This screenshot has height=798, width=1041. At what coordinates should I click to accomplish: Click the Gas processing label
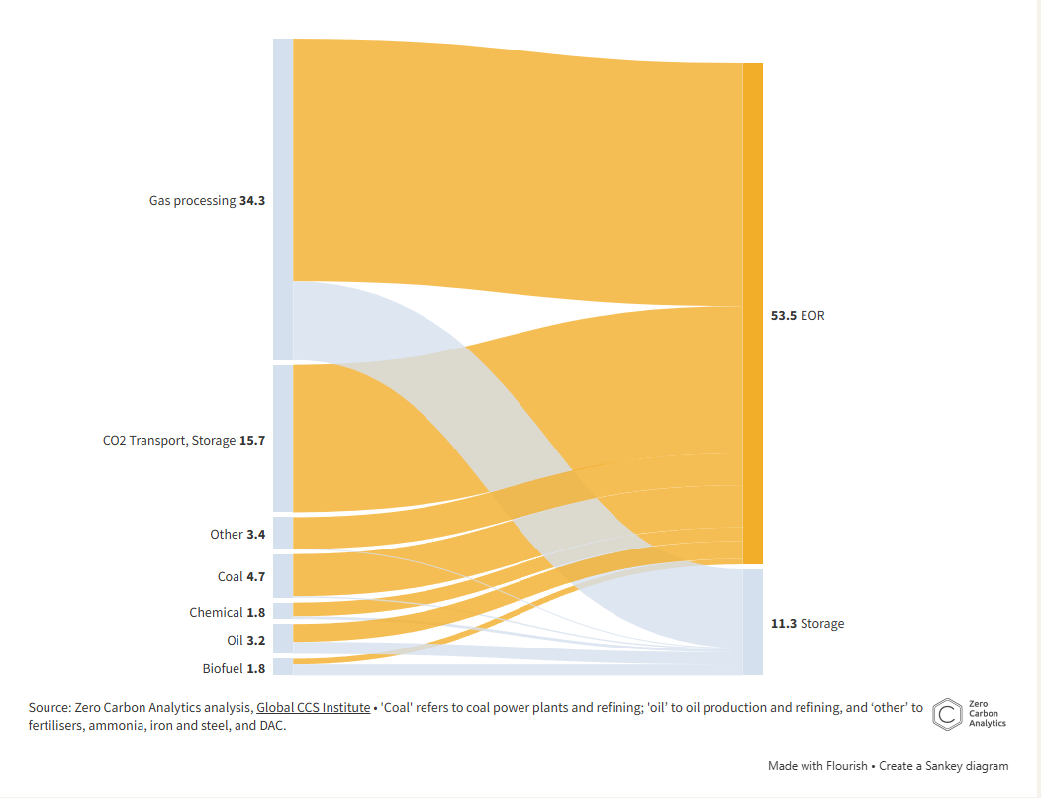[193, 200]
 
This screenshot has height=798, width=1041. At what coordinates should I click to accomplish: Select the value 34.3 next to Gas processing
[252, 200]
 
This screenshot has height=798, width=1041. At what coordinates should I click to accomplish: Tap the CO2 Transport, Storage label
[169, 441]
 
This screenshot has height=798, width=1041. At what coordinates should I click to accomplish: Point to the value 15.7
[252, 441]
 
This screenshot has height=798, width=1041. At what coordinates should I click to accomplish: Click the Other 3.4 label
[237, 534]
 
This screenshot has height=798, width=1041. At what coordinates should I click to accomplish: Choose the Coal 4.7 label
[241, 576]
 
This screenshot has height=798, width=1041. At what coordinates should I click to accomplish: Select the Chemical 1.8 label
[228, 612]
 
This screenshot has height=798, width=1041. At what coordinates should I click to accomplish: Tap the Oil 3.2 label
[245, 640]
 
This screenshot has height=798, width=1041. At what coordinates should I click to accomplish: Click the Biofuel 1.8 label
[234, 668]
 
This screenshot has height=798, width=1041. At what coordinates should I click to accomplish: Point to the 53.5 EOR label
[798, 316]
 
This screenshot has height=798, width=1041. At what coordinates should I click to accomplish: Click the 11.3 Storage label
[807, 623]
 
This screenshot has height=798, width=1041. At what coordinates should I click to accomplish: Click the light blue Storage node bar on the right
[752, 622]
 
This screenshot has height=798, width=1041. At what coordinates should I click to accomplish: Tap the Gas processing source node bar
[283, 199]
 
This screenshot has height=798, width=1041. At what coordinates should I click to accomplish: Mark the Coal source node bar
[283, 576]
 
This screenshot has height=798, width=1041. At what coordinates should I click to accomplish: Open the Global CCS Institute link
[313, 708]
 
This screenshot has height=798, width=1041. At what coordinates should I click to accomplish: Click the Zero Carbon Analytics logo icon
[949, 714]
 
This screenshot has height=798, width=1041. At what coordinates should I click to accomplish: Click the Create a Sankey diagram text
[944, 766]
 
